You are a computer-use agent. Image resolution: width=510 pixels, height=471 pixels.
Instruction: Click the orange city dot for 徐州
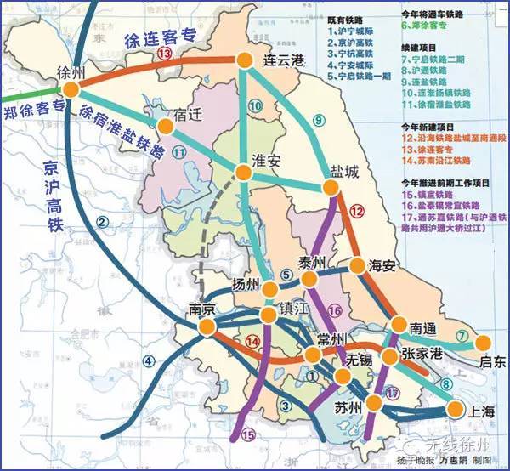coord(70,89)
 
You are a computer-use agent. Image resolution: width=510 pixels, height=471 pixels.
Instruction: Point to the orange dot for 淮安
coord(244,173)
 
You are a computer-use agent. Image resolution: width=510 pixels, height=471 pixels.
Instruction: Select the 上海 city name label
coord(473,411)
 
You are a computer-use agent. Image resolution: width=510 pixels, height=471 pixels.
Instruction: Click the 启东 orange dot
coord(483,343)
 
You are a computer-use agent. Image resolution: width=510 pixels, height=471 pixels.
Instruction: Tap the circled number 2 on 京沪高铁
coord(104,223)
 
